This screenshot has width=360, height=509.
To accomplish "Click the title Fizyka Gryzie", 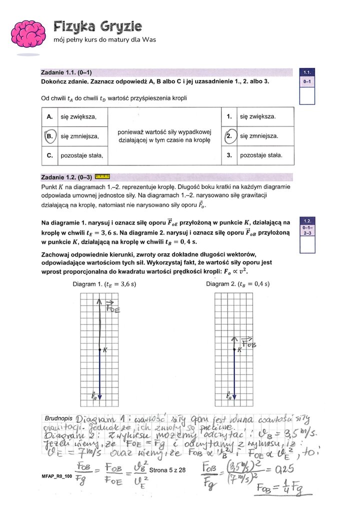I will pos(97,26).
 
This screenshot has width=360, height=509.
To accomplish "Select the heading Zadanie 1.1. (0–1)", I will pos(66,72).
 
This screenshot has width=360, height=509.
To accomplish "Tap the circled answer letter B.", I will pos(49,135).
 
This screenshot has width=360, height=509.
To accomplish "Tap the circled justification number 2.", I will pos(229,135).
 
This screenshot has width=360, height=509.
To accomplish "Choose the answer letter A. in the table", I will pos(49,116).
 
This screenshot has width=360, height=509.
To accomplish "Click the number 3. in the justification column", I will pos(229,155).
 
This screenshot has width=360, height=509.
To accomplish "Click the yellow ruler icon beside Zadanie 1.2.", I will pos(101,176).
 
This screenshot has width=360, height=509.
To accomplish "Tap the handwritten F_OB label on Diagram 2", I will pos(248,342).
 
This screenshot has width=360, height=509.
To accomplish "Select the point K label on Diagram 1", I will pos(105,350).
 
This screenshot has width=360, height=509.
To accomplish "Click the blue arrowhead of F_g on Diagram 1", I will pos(100,396).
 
